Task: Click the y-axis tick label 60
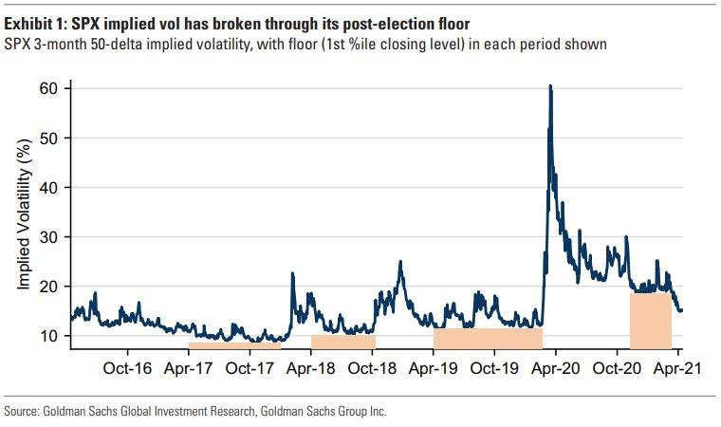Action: (49, 88)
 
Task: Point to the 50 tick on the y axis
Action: (49, 138)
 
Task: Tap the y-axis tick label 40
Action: (49, 187)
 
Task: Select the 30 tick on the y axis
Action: (49, 236)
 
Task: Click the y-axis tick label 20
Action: (49, 287)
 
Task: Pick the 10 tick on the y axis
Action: (49, 336)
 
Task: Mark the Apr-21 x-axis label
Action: (677, 367)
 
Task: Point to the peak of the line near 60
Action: (550, 87)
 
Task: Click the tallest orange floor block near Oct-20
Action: (650, 321)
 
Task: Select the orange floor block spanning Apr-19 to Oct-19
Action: (487, 338)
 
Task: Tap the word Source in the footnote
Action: (23, 411)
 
